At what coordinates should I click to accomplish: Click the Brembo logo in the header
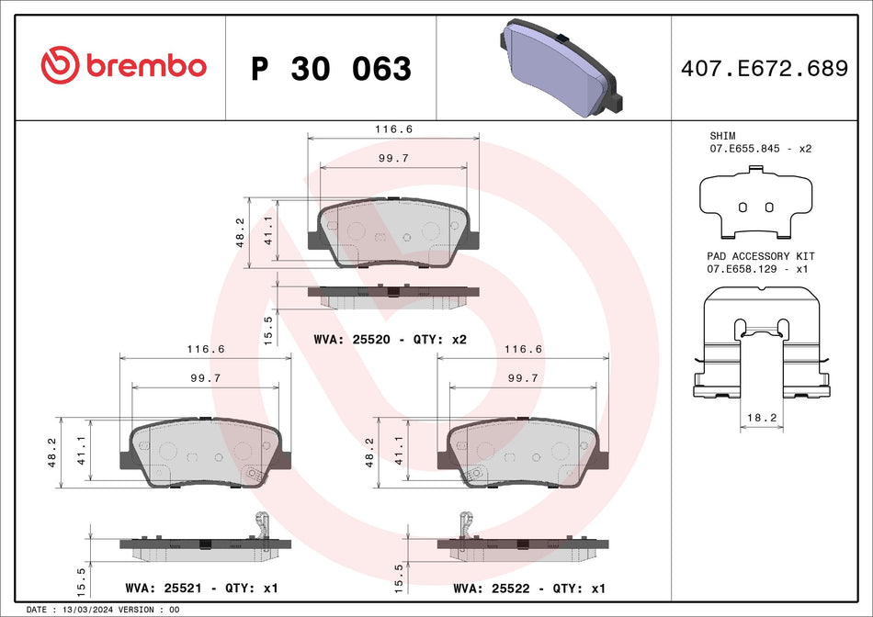pos(123,66)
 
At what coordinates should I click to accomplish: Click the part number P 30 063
pos(331,69)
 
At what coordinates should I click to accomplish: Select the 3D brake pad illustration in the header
pos(561,68)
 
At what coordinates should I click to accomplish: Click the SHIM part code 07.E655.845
pos(745,148)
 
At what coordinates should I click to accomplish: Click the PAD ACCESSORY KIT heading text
pos(761,256)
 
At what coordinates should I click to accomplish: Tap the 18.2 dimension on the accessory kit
pos(762,418)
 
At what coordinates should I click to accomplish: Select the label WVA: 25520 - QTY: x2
pos(391,339)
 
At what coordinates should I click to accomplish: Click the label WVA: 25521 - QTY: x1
pos(200,588)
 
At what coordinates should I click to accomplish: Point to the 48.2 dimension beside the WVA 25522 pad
pos(368,452)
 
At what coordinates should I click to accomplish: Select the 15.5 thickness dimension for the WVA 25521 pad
pos(81,581)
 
